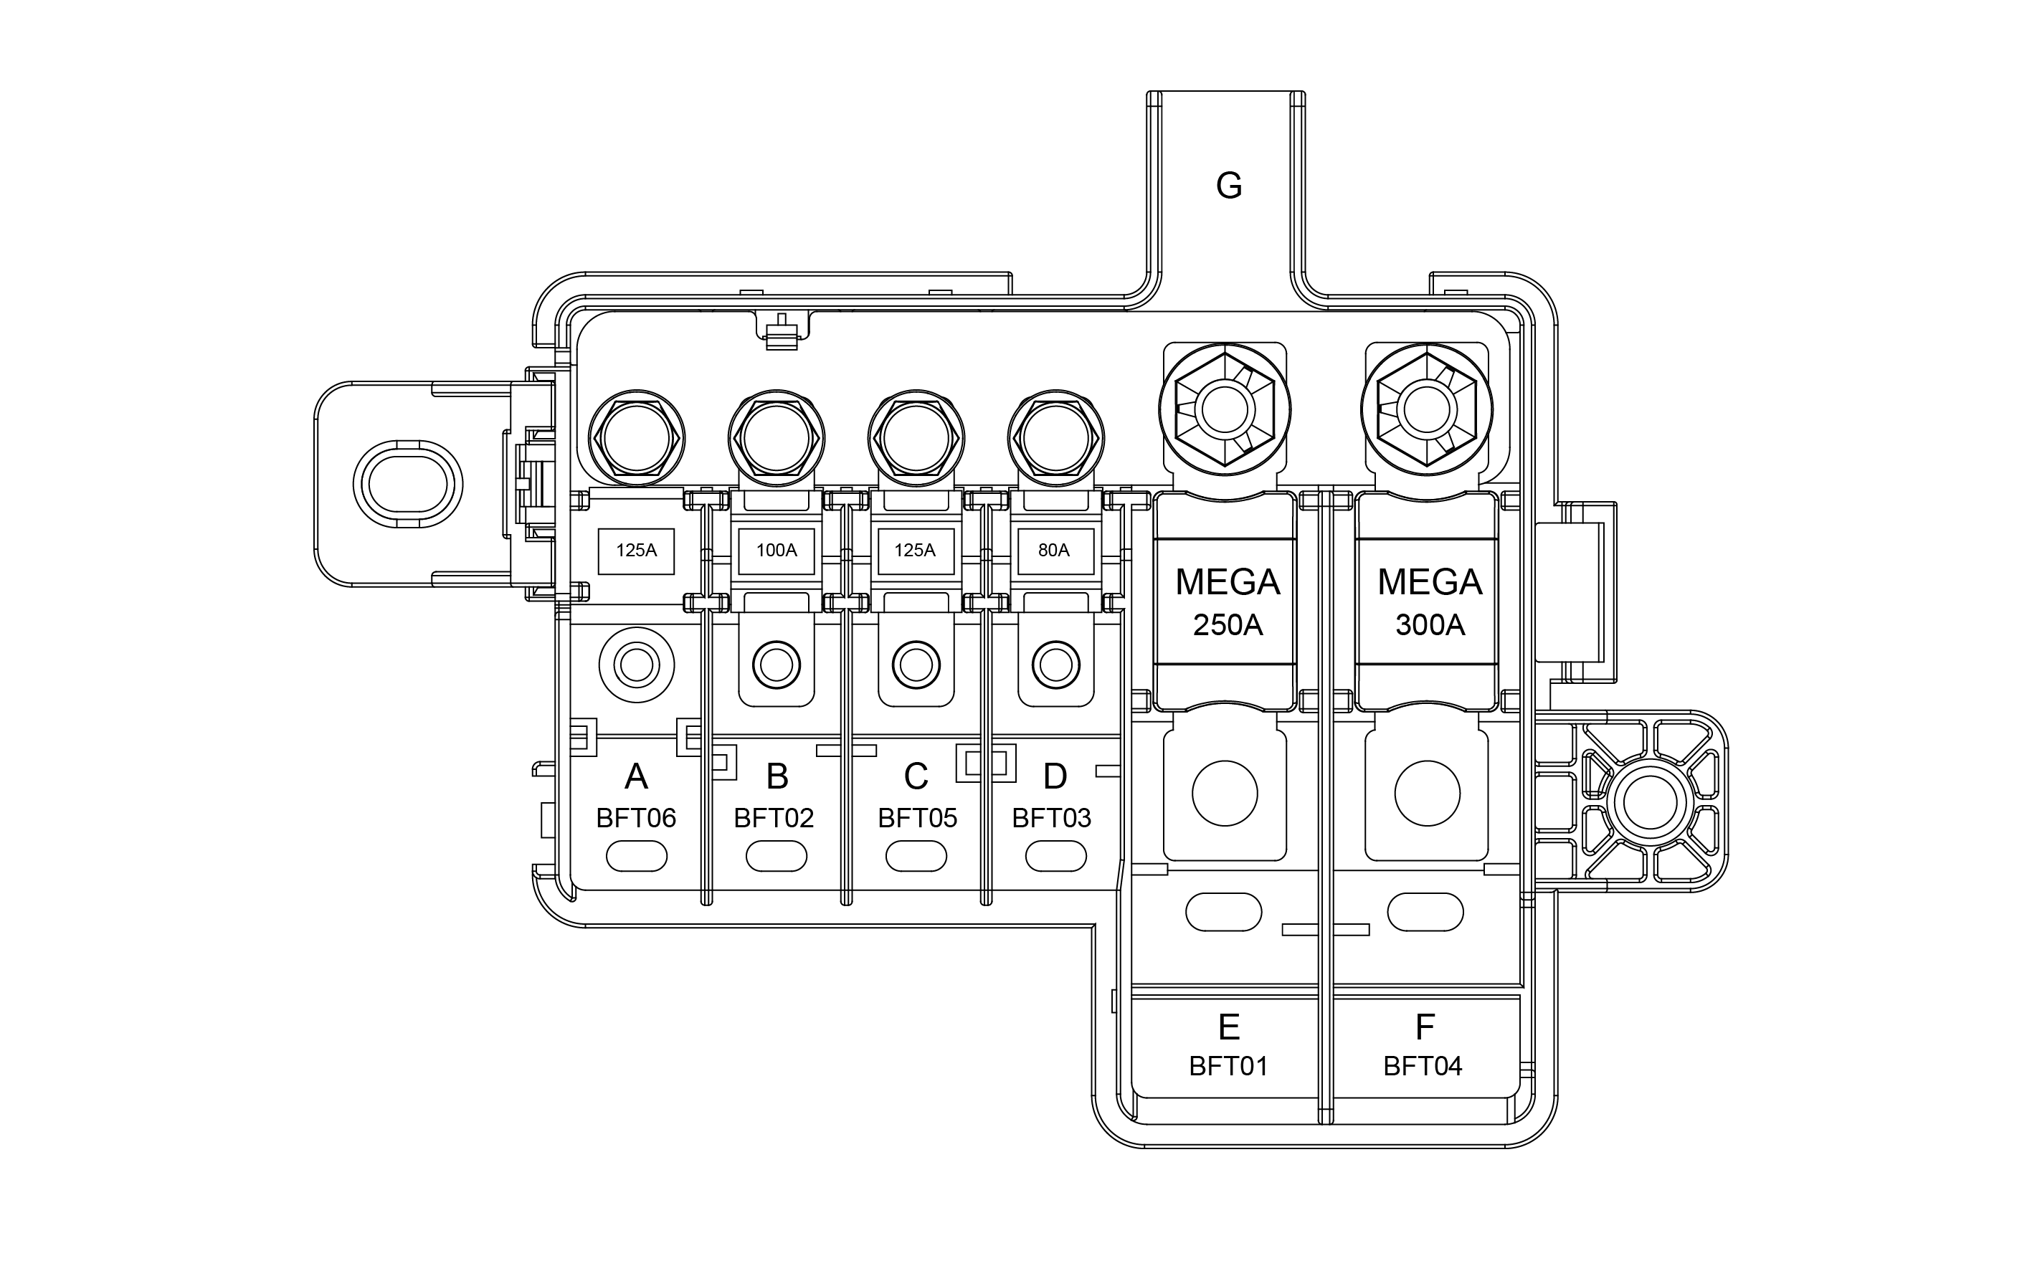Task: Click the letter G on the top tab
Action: [x=1229, y=185]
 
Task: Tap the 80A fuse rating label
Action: [x=1053, y=551]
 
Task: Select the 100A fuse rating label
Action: [x=777, y=551]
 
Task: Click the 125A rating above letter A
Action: [x=637, y=551]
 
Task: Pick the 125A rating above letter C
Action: [x=915, y=551]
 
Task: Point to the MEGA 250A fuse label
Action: [x=1228, y=602]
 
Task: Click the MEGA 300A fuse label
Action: [x=1430, y=602]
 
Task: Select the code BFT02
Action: [x=774, y=818]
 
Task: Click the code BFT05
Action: [x=918, y=818]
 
